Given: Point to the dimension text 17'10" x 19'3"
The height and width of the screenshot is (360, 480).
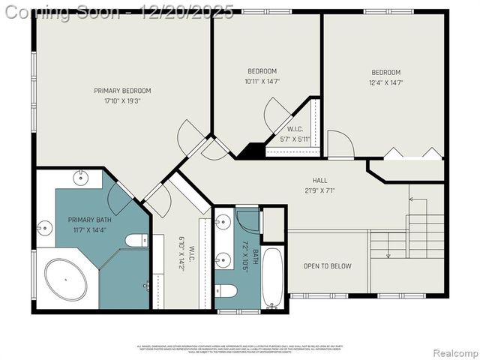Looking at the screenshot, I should tap(122, 100).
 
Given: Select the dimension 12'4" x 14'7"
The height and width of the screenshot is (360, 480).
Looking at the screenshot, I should tap(385, 82).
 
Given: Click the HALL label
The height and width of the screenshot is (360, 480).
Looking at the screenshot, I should tap(320, 181).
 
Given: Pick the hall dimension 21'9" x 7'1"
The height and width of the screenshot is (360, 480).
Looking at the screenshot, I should tap(320, 190).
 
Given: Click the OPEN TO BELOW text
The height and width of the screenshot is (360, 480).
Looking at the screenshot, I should tap(327, 266).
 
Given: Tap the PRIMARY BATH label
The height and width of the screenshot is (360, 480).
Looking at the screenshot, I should tap(90, 220).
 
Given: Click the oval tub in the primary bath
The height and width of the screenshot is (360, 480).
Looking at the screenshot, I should tap(66, 280).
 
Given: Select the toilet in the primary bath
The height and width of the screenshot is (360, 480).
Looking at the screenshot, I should tap(136, 241).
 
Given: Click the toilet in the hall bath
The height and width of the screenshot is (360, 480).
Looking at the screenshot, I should tap(226, 290).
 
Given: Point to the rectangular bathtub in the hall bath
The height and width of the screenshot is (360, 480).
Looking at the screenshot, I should tap(272, 278).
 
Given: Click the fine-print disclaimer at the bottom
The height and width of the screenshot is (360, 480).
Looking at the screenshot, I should tap(239, 349).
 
